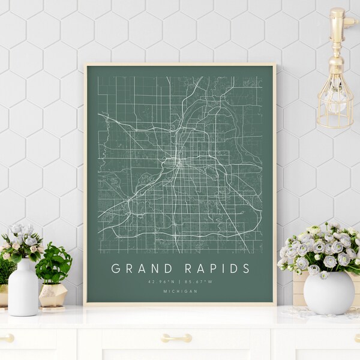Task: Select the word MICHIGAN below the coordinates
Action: [x=179, y=291]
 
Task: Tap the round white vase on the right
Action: [x=329, y=292]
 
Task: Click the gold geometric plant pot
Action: [x=53, y=295]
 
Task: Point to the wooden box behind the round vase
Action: [x=299, y=288]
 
